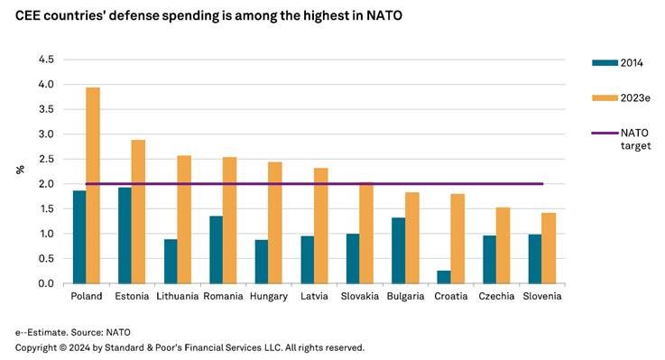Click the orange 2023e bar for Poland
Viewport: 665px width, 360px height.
[x=93, y=185]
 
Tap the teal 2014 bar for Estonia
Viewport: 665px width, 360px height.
[x=124, y=235]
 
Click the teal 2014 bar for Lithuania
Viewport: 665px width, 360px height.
[x=170, y=261]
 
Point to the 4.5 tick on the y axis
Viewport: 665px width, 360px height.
[x=44, y=60]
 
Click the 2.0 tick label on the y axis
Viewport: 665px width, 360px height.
[x=44, y=184]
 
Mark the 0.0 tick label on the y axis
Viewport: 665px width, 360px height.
[x=44, y=283]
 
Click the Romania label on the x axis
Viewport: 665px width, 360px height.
[x=222, y=296]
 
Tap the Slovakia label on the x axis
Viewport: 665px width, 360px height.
[x=358, y=296]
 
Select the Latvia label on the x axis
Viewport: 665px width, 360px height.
[x=313, y=296]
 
